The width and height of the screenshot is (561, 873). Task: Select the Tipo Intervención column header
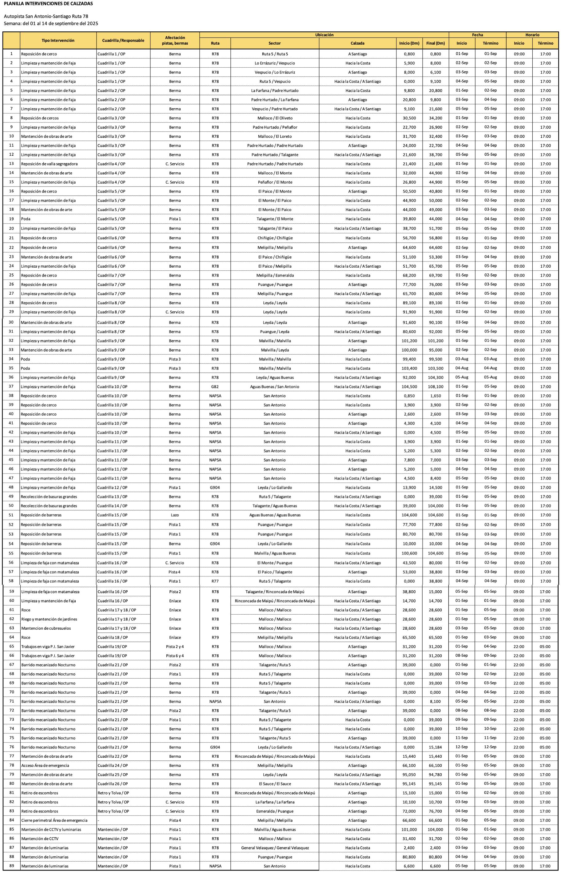tap(58, 40)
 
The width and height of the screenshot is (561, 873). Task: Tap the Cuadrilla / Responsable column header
tap(123, 40)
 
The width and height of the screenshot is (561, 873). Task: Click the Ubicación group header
tap(324, 35)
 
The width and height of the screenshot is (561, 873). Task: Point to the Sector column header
tap(274, 43)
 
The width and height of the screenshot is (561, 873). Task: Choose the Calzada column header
tap(357, 43)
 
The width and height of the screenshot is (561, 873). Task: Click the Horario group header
tap(532, 35)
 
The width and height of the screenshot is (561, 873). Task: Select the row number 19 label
tap(11, 219)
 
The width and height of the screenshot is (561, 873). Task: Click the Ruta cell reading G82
tap(215, 387)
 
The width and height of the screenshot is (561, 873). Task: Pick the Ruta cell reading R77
tap(215, 581)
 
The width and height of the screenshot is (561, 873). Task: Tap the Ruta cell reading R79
tap(215, 637)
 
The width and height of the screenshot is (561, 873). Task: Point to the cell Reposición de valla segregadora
tap(49, 164)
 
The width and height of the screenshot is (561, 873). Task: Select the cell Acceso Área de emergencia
tap(45, 766)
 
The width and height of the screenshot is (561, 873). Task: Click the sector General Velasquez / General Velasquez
tap(275, 848)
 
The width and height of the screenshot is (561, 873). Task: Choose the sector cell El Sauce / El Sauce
tap(275, 784)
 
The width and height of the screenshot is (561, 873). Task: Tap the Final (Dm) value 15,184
tap(435, 747)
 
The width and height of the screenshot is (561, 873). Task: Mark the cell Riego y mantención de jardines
tap(49, 619)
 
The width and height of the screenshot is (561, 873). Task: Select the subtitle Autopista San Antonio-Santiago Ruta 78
tap(46, 16)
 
